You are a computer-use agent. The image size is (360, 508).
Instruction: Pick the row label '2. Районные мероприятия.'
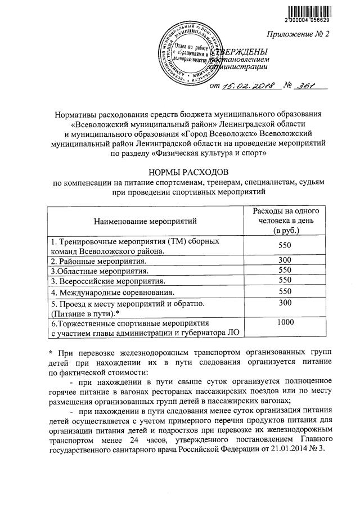(x=99, y=262)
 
